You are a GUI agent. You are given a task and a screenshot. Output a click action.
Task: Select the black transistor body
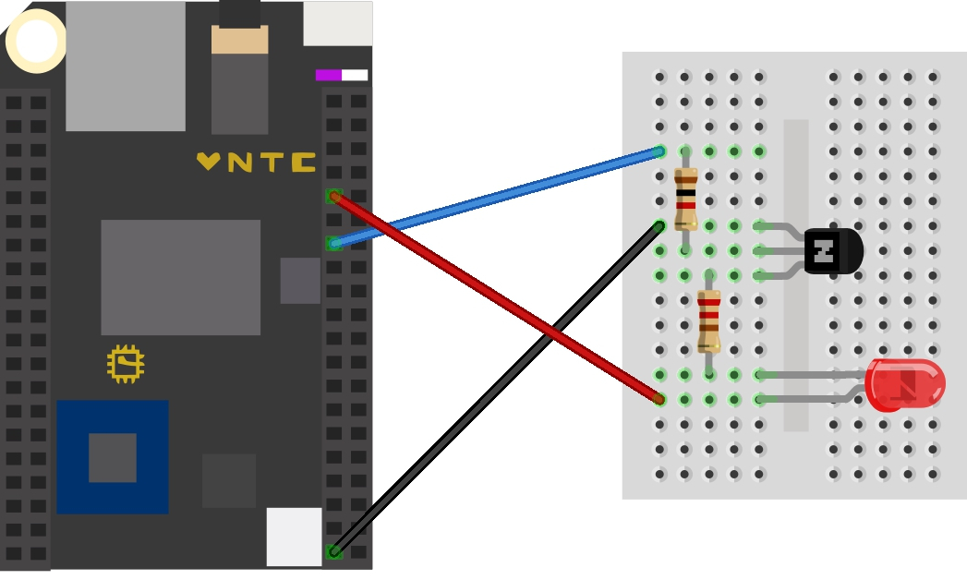(x=833, y=251)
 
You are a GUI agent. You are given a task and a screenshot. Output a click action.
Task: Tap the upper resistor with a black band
(x=685, y=199)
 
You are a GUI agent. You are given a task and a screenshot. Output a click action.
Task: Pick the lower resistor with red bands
(x=708, y=321)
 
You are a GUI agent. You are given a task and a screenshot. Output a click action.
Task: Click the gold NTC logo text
(x=257, y=163)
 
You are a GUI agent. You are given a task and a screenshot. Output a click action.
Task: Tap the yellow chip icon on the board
(x=126, y=364)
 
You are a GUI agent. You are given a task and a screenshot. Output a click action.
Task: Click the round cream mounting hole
(x=36, y=41)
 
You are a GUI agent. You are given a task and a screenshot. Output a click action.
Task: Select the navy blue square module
(x=113, y=457)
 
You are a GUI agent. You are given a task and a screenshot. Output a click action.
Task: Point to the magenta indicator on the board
(x=329, y=75)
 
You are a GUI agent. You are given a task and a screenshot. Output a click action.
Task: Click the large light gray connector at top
(x=126, y=66)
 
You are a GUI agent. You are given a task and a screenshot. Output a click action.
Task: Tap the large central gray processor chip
(x=180, y=277)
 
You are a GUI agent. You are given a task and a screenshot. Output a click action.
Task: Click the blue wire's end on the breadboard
(x=659, y=151)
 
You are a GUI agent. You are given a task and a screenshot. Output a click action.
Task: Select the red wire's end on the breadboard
(x=659, y=399)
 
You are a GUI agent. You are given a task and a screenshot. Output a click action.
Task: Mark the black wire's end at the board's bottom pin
(x=334, y=551)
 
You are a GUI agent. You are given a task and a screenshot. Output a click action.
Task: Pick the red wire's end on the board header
(x=334, y=196)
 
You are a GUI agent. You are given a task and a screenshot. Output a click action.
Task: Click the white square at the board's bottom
(x=294, y=537)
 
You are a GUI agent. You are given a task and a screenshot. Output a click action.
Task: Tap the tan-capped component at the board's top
(x=239, y=40)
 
